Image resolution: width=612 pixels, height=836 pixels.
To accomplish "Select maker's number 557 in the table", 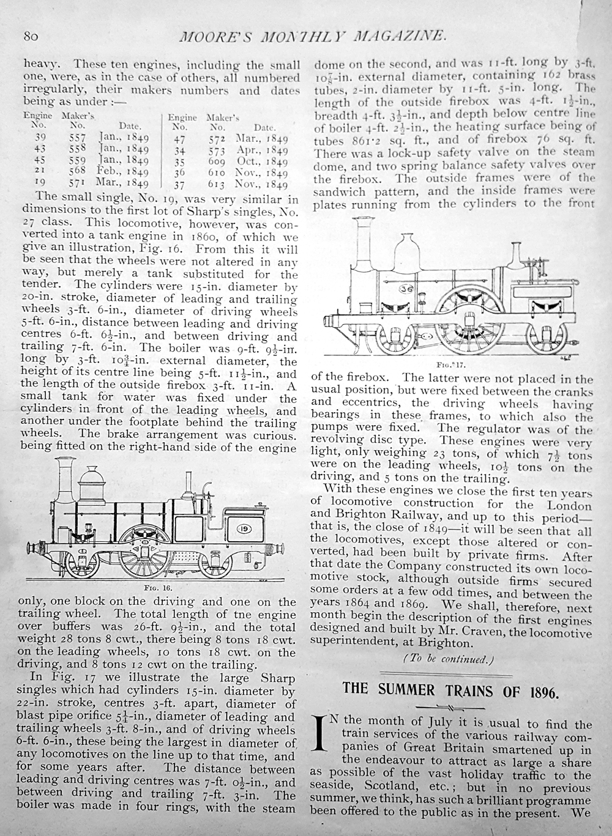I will [x=77, y=139].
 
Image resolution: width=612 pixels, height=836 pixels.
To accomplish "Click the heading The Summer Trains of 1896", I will [x=450, y=689].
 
